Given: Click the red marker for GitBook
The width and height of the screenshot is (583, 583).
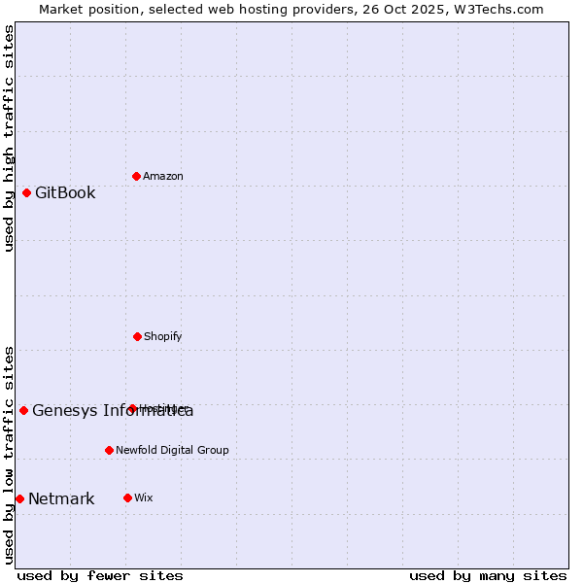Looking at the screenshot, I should (x=26, y=192).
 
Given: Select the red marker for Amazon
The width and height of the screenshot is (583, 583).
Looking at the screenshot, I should (x=136, y=176).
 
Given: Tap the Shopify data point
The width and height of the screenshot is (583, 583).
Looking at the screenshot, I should (x=137, y=336).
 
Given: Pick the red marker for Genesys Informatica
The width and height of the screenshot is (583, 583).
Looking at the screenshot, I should (x=23, y=410).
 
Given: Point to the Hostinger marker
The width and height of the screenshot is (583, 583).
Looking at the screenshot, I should (x=132, y=408).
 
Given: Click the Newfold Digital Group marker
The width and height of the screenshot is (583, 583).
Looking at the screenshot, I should (x=109, y=450).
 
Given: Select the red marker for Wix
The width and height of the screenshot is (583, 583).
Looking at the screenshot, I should (x=127, y=497).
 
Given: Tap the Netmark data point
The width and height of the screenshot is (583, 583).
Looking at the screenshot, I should (x=19, y=498).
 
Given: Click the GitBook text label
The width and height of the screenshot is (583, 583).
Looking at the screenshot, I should (x=65, y=192).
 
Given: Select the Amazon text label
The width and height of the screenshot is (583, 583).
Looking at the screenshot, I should (x=163, y=176).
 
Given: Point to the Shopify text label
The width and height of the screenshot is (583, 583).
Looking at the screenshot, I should (x=163, y=336).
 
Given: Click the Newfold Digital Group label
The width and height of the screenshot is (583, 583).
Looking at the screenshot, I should (x=172, y=450).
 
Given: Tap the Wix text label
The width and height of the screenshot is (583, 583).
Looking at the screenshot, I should (x=144, y=497).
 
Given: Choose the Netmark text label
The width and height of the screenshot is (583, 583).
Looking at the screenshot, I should (x=61, y=499).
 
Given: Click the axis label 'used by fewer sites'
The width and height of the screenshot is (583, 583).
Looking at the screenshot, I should (x=100, y=575).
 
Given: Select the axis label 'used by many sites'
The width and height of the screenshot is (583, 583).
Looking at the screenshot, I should (x=488, y=575).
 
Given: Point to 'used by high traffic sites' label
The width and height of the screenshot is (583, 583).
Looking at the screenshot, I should (x=9, y=138).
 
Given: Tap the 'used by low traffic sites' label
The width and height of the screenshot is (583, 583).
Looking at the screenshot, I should (x=9, y=454).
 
